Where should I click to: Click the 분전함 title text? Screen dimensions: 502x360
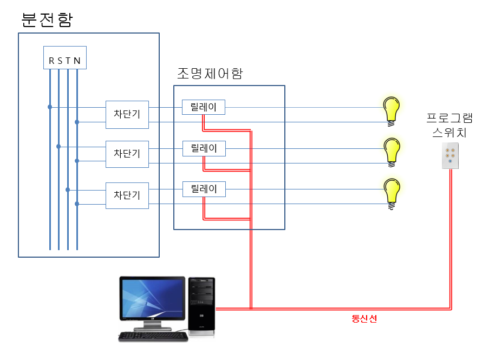[47, 20]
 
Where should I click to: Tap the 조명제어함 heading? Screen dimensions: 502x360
[210, 73]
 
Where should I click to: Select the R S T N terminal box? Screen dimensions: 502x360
[65, 57]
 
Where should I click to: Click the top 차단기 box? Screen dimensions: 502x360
[127, 115]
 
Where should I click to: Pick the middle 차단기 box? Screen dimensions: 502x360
[127, 154]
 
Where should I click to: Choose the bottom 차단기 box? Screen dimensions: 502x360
[127, 195]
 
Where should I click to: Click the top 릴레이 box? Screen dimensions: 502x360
[204, 107]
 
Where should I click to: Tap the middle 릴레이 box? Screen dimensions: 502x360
[204, 148]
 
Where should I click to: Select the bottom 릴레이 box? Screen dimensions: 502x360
[204, 189]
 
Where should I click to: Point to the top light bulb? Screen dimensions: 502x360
[391, 111]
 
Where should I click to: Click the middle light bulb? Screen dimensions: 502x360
[392, 152]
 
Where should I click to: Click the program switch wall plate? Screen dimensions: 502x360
[450, 156]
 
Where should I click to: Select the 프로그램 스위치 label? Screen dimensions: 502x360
[449, 125]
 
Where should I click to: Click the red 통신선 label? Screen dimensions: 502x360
[364, 319]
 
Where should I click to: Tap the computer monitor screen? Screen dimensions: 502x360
[152, 298]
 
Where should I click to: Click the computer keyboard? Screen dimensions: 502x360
[153, 337]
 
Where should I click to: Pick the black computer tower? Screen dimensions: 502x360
[201, 306]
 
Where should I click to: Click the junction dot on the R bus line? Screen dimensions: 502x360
[50, 107]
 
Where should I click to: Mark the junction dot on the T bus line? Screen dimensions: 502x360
[68, 190]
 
